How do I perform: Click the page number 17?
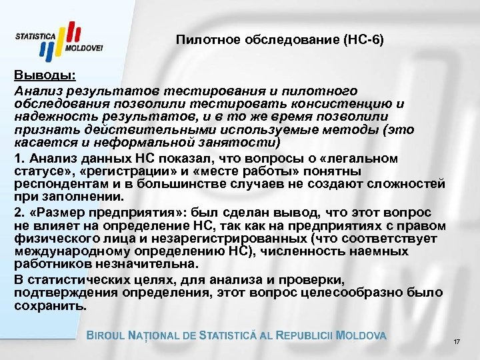(x=457, y=342)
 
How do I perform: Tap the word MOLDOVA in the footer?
(x=361, y=335)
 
